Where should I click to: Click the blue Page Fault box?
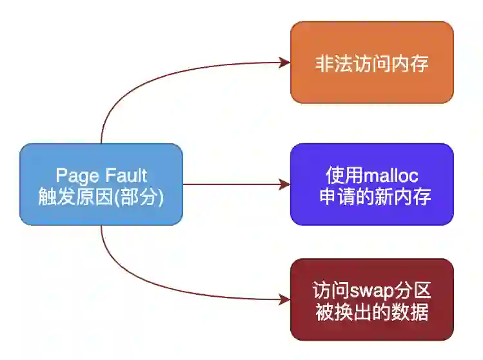pyautogui.click(x=101, y=185)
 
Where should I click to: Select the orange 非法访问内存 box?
pyautogui.click(x=371, y=63)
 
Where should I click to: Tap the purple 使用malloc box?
pyautogui.click(x=371, y=185)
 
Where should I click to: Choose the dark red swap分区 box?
pyautogui.click(x=371, y=299)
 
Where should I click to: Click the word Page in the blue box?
pyautogui.click(x=74, y=175)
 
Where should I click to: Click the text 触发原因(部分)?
pyautogui.click(x=101, y=197)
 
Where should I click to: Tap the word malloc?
pyautogui.click(x=391, y=175)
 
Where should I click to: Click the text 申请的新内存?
pyautogui.click(x=371, y=196)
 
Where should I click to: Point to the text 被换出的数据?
pyautogui.click(x=371, y=312)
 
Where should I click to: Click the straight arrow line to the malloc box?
pyautogui.click(x=232, y=185)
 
